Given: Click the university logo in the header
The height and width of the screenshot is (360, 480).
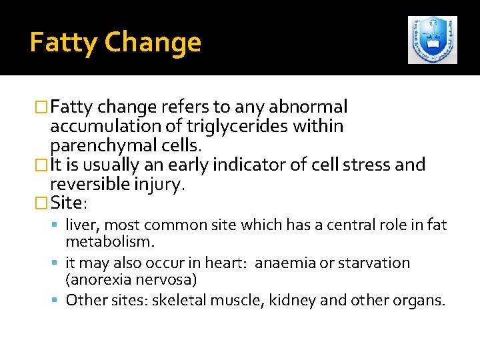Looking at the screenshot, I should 433,40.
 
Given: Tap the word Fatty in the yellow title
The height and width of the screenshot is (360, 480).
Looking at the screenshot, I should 64,43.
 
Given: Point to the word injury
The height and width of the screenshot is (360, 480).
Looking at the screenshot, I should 158,185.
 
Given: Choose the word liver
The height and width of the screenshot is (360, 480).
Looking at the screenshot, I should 82,225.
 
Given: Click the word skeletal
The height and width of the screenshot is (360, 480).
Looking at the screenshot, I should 179,300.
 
